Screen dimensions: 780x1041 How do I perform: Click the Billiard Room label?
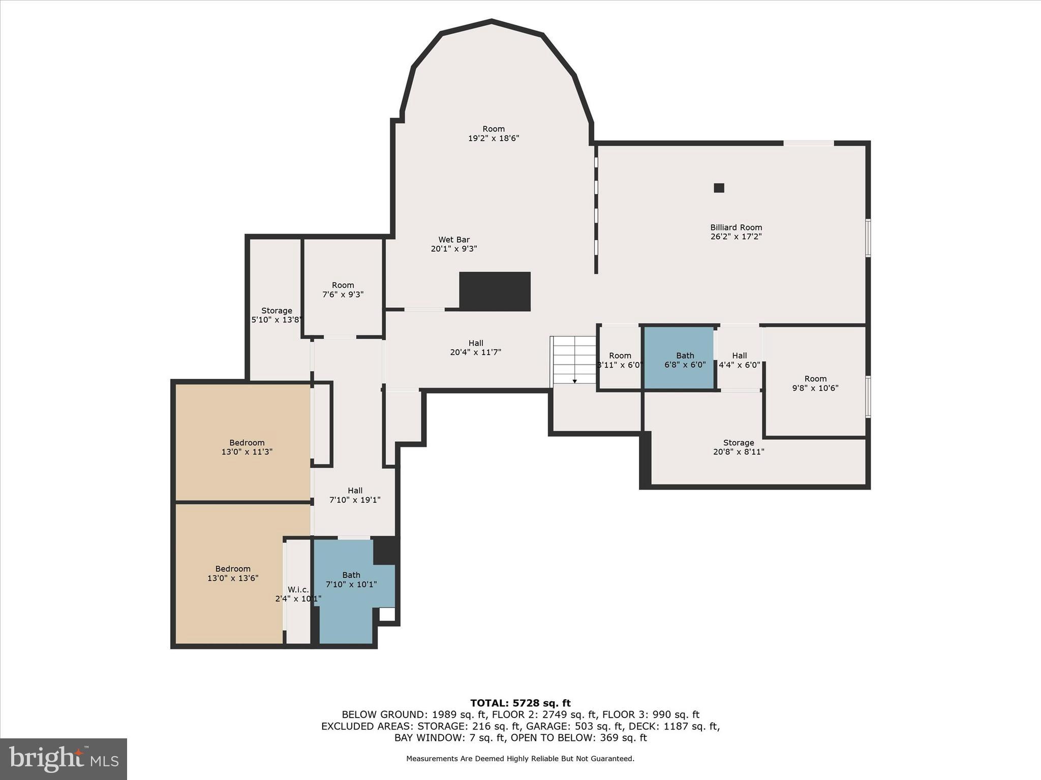point(736,227)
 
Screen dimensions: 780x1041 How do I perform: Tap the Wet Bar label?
point(454,240)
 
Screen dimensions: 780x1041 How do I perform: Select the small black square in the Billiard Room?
point(719,188)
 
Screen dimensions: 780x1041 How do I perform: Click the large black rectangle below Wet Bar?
point(495,291)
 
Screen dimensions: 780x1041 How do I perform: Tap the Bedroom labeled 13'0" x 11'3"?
point(247,447)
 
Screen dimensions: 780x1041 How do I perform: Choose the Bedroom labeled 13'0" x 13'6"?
point(233,573)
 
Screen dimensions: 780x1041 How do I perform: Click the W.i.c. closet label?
point(298,590)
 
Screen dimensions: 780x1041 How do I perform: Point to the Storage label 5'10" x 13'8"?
point(277,311)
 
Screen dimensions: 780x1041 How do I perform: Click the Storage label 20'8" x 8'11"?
point(739,443)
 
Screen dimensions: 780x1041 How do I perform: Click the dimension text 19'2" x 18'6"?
point(493,138)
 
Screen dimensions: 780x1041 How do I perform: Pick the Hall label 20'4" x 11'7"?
point(475,343)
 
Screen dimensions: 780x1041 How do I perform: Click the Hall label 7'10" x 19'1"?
point(355,491)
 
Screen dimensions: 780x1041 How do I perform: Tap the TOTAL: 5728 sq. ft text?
point(520,703)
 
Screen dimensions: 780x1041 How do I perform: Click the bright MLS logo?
point(64,759)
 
